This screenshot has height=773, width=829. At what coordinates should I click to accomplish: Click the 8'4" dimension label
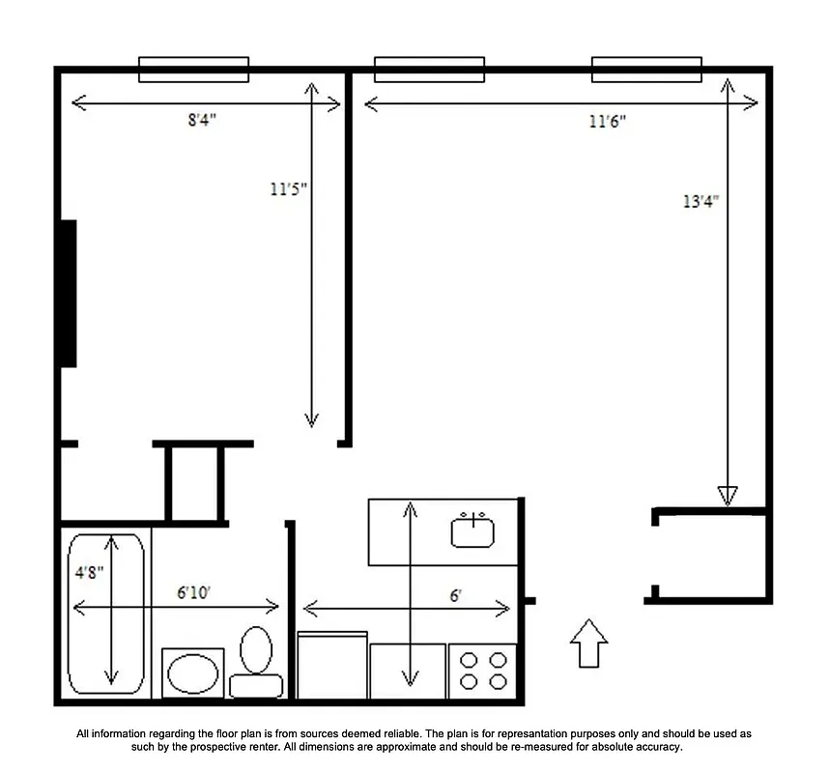[x=202, y=121]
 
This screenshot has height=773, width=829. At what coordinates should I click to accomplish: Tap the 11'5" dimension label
[x=288, y=189]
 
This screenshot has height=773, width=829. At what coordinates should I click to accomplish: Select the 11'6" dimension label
[x=608, y=122]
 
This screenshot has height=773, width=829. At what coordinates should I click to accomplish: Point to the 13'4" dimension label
[x=701, y=202]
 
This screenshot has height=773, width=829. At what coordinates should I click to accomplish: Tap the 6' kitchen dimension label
[x=455, y=596]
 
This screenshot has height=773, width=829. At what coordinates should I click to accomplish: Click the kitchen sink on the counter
[x=472, y=531]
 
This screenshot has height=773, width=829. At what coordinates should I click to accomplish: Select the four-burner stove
[x=484, y=671]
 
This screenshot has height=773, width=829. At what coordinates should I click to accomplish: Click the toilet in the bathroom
[x=256, y=662]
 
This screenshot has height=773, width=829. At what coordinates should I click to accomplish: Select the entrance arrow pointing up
[x=587, y=644]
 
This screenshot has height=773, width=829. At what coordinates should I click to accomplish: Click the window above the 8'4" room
[x=194, y=70]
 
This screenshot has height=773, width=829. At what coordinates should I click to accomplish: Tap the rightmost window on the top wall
[x=646, y=70]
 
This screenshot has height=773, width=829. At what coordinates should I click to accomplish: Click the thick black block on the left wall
[x=69, y=294]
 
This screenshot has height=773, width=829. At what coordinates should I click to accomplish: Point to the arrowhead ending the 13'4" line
[x=728, y=495]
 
